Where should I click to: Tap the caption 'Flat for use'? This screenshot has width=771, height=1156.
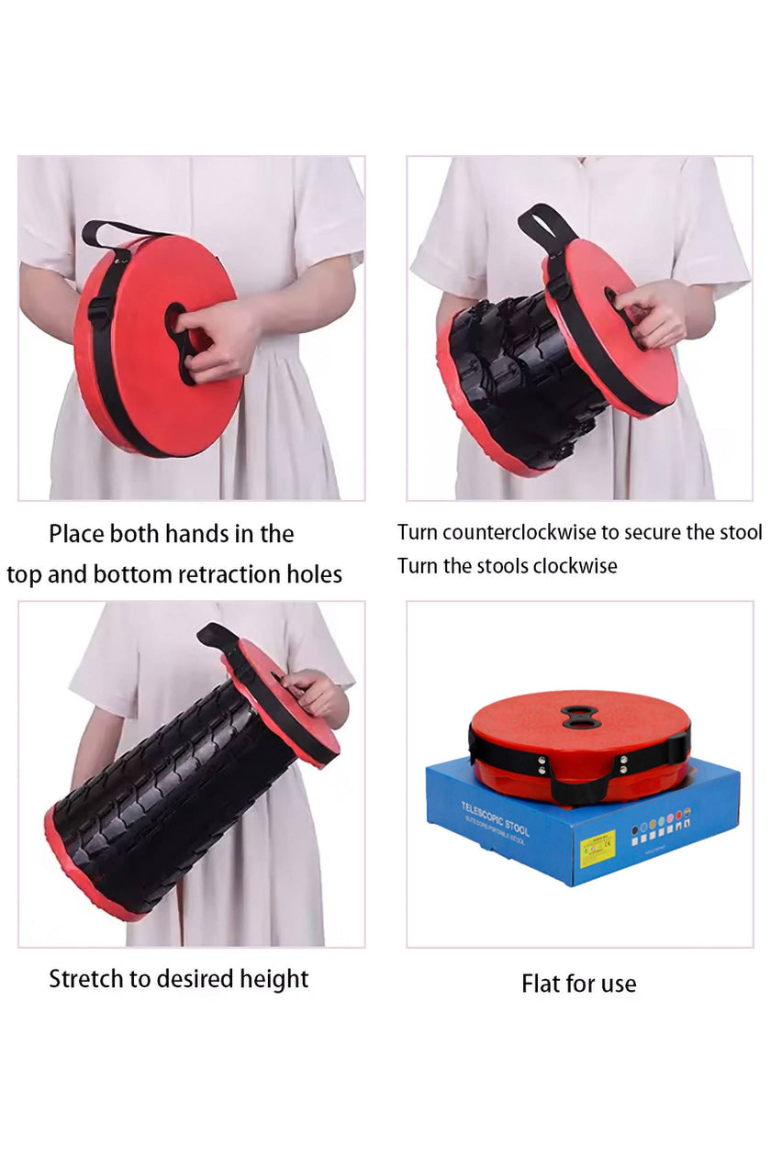(x=578, y=984)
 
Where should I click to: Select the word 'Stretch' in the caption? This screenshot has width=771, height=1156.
(x=85, y=979)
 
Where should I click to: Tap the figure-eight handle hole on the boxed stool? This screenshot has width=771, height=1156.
(x=581, y=717)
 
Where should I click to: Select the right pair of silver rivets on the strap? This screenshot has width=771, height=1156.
(x=625, y=763)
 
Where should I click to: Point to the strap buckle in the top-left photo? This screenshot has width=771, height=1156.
(x=97, y=312)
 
